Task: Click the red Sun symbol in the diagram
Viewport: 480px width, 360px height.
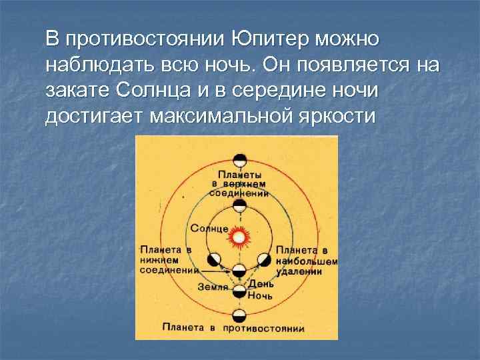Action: (238, 237)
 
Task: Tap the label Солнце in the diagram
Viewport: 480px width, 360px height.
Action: (209, 228)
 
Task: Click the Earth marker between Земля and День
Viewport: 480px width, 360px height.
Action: (239, 289)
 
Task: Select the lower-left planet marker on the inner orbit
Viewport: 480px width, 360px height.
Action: (215, 259)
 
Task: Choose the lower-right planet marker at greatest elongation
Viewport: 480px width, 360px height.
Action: (263, 259)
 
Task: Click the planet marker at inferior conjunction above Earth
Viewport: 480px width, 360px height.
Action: (239, 270)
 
